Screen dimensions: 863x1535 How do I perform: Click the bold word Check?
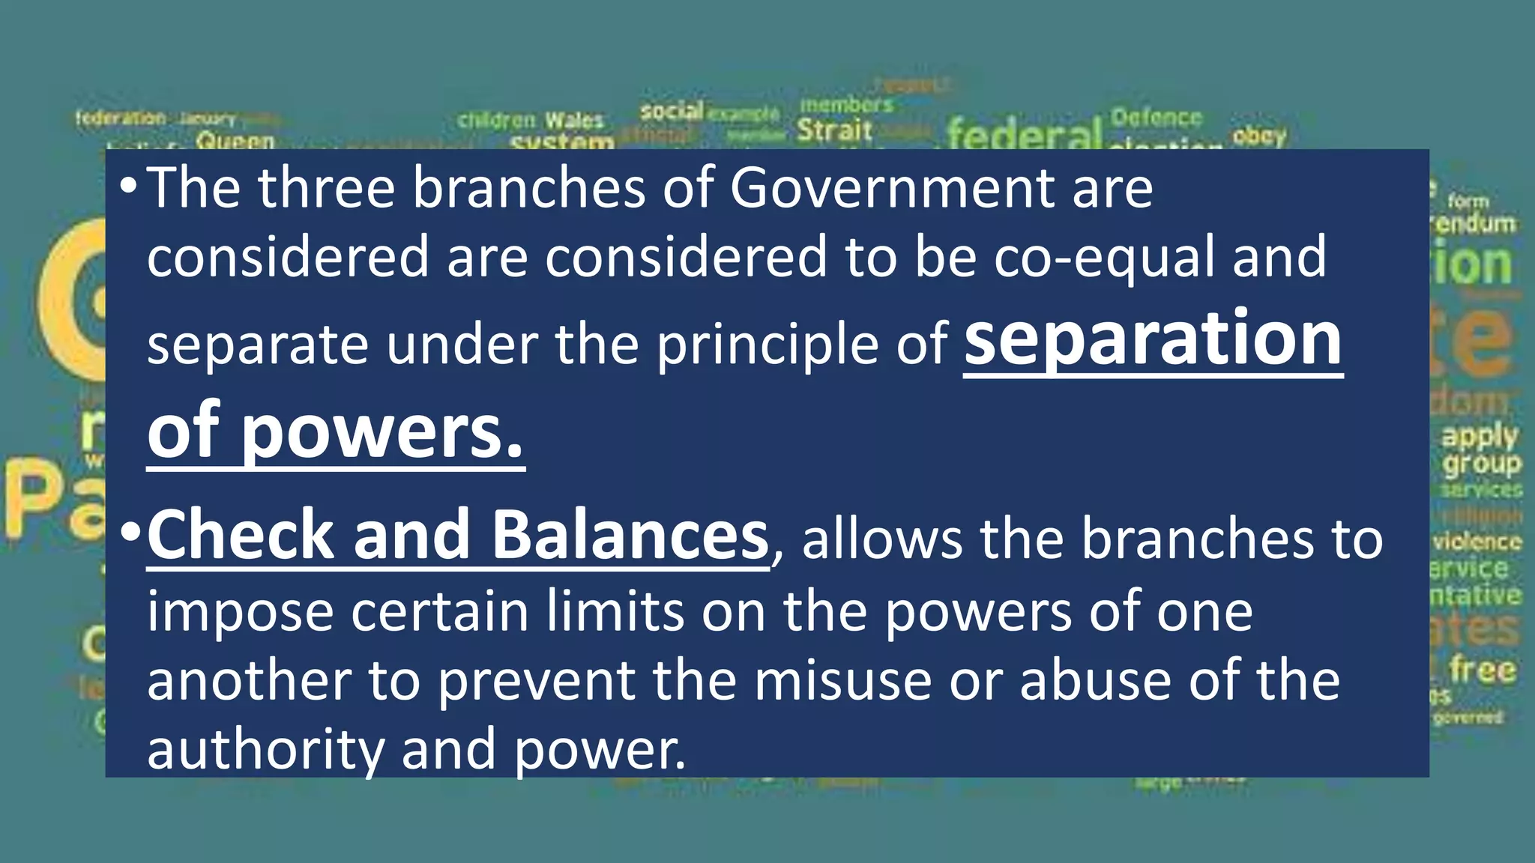pyautogui.click(x=241, y=535)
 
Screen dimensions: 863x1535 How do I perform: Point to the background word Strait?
pyautogui.click(x=834, y=130)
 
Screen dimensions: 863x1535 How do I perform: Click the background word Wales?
pyautogui.click(x=574, y=120)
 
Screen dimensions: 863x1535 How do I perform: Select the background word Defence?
pyautogui.click(x=1156, y=118)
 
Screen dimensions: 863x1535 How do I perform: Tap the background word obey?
pyautogui.click(x=1259, y=136)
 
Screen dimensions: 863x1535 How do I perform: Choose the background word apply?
pyautogui.click(x=1480, y=435)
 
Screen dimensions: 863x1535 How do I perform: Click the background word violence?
pyautogui.click(x=1477, y=542)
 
